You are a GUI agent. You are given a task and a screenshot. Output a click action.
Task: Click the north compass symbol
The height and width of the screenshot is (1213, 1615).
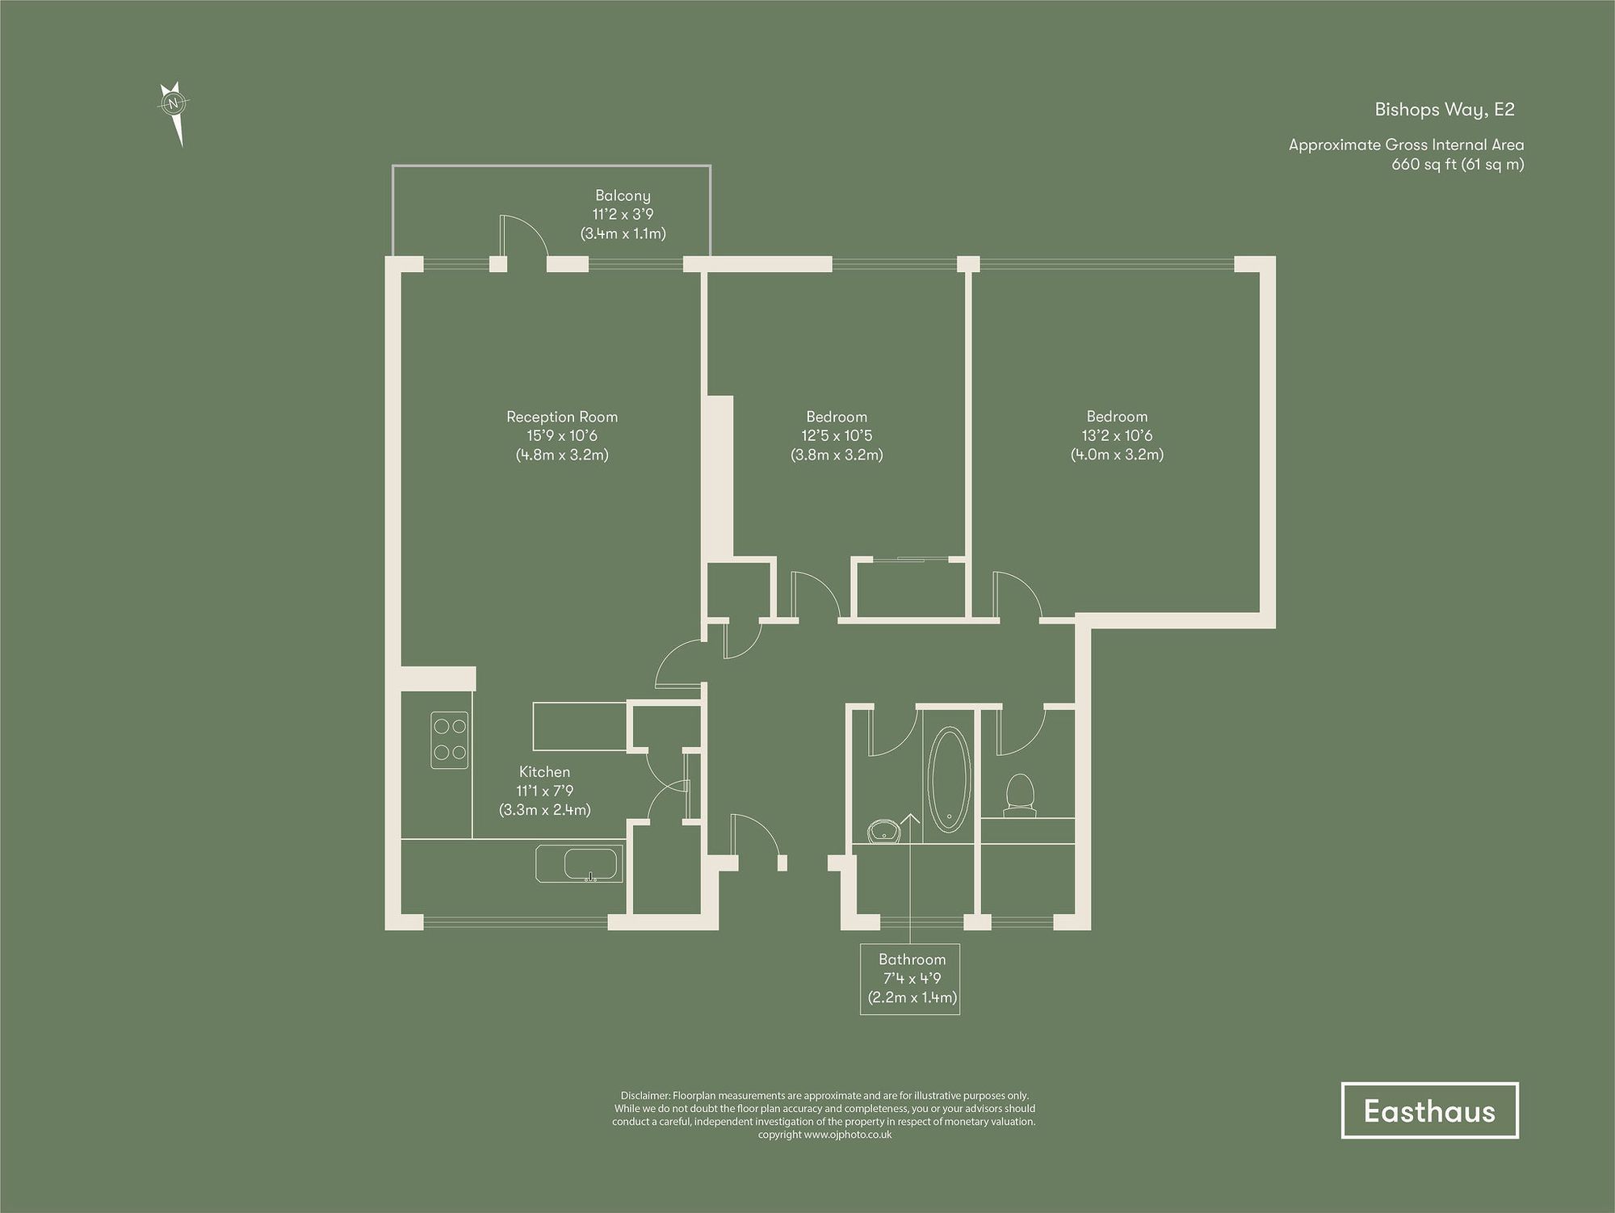[x=174, y=105]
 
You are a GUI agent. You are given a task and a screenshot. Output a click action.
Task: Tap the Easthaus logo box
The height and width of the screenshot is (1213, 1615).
[x=1429, y=1111]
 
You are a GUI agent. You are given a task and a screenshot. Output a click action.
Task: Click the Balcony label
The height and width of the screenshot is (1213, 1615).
[x=623, y=195]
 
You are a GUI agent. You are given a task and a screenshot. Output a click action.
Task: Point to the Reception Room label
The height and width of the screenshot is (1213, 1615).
[x=562, y=417]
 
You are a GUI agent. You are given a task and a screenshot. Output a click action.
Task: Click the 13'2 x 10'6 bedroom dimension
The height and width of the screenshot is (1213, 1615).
[x=1117, y=435]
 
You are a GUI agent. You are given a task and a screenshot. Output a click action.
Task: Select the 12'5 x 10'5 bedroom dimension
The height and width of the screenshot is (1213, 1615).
[x=837, y=435]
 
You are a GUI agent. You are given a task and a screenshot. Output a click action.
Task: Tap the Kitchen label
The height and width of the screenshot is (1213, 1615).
[x=544, y=772]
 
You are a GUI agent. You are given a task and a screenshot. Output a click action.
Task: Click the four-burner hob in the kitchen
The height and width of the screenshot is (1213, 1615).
[x=450, y=740]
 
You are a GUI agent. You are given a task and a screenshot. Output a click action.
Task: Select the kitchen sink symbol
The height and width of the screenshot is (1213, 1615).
[x=580, y=864]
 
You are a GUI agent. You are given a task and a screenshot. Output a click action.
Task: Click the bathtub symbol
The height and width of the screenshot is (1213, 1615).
[x=948, y=780]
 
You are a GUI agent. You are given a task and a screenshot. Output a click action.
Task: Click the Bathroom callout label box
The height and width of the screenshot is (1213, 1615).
[x=910, y=979]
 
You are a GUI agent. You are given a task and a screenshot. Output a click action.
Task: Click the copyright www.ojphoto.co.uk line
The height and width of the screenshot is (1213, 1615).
[x=824, y=1135]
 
